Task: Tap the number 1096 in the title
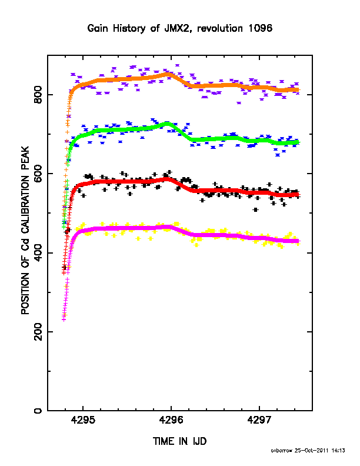pos(260,28)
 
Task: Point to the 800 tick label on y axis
pos(38,95)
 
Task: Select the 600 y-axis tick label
pos(38,174)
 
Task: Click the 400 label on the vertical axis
pos(38,252)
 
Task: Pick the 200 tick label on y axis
pos(38,332)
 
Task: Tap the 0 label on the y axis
pos(38,411)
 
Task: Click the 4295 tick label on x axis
pos(83,420)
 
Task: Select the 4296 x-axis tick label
pos(171,420)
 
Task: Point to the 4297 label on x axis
pos(259,420)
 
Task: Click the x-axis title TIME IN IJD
pos(179,441)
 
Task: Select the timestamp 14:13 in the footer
pos(338,451)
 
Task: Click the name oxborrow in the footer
pos(282,451)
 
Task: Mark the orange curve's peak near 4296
pos(168,74)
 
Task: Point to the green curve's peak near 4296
pos(167,124)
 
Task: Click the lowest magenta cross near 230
pos(64,319)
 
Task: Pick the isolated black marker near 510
pos(255,210)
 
